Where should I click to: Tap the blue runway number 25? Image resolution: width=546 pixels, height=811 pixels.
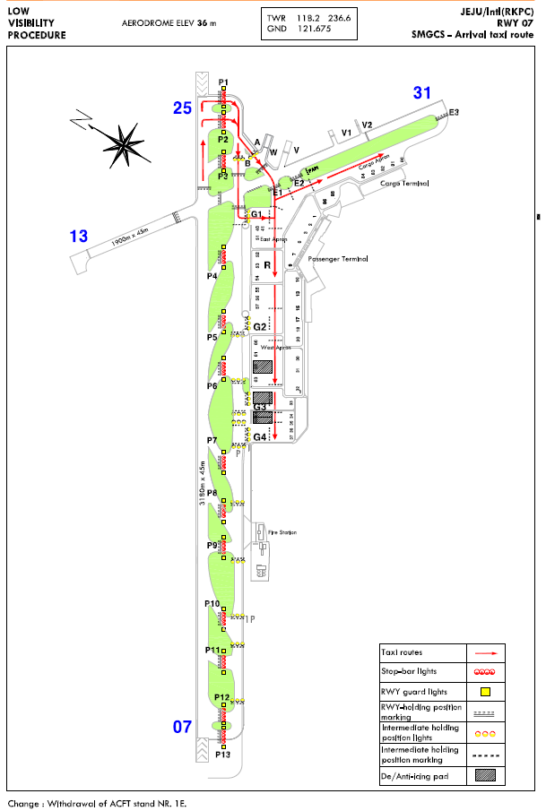pyautogui.click(x=183, y=108)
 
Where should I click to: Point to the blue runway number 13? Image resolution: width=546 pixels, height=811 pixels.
pyautogui.click(x=80, y=237)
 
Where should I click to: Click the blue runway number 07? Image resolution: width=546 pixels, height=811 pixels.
pyautogui.click(x=183, y=727)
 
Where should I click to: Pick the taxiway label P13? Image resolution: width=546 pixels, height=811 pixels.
pyautogui.click(x=223, y=755)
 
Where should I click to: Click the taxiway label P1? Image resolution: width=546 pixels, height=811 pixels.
pyautogui.click(x=223, y=82)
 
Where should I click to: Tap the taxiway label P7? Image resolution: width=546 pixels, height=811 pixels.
pyautogui.click(x=212, y=440)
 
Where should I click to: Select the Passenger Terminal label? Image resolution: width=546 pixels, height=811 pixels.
pyautogui.click(x=338, y=259)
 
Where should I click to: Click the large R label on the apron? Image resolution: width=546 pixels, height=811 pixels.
pyautogui.click(x=267, y=265)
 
